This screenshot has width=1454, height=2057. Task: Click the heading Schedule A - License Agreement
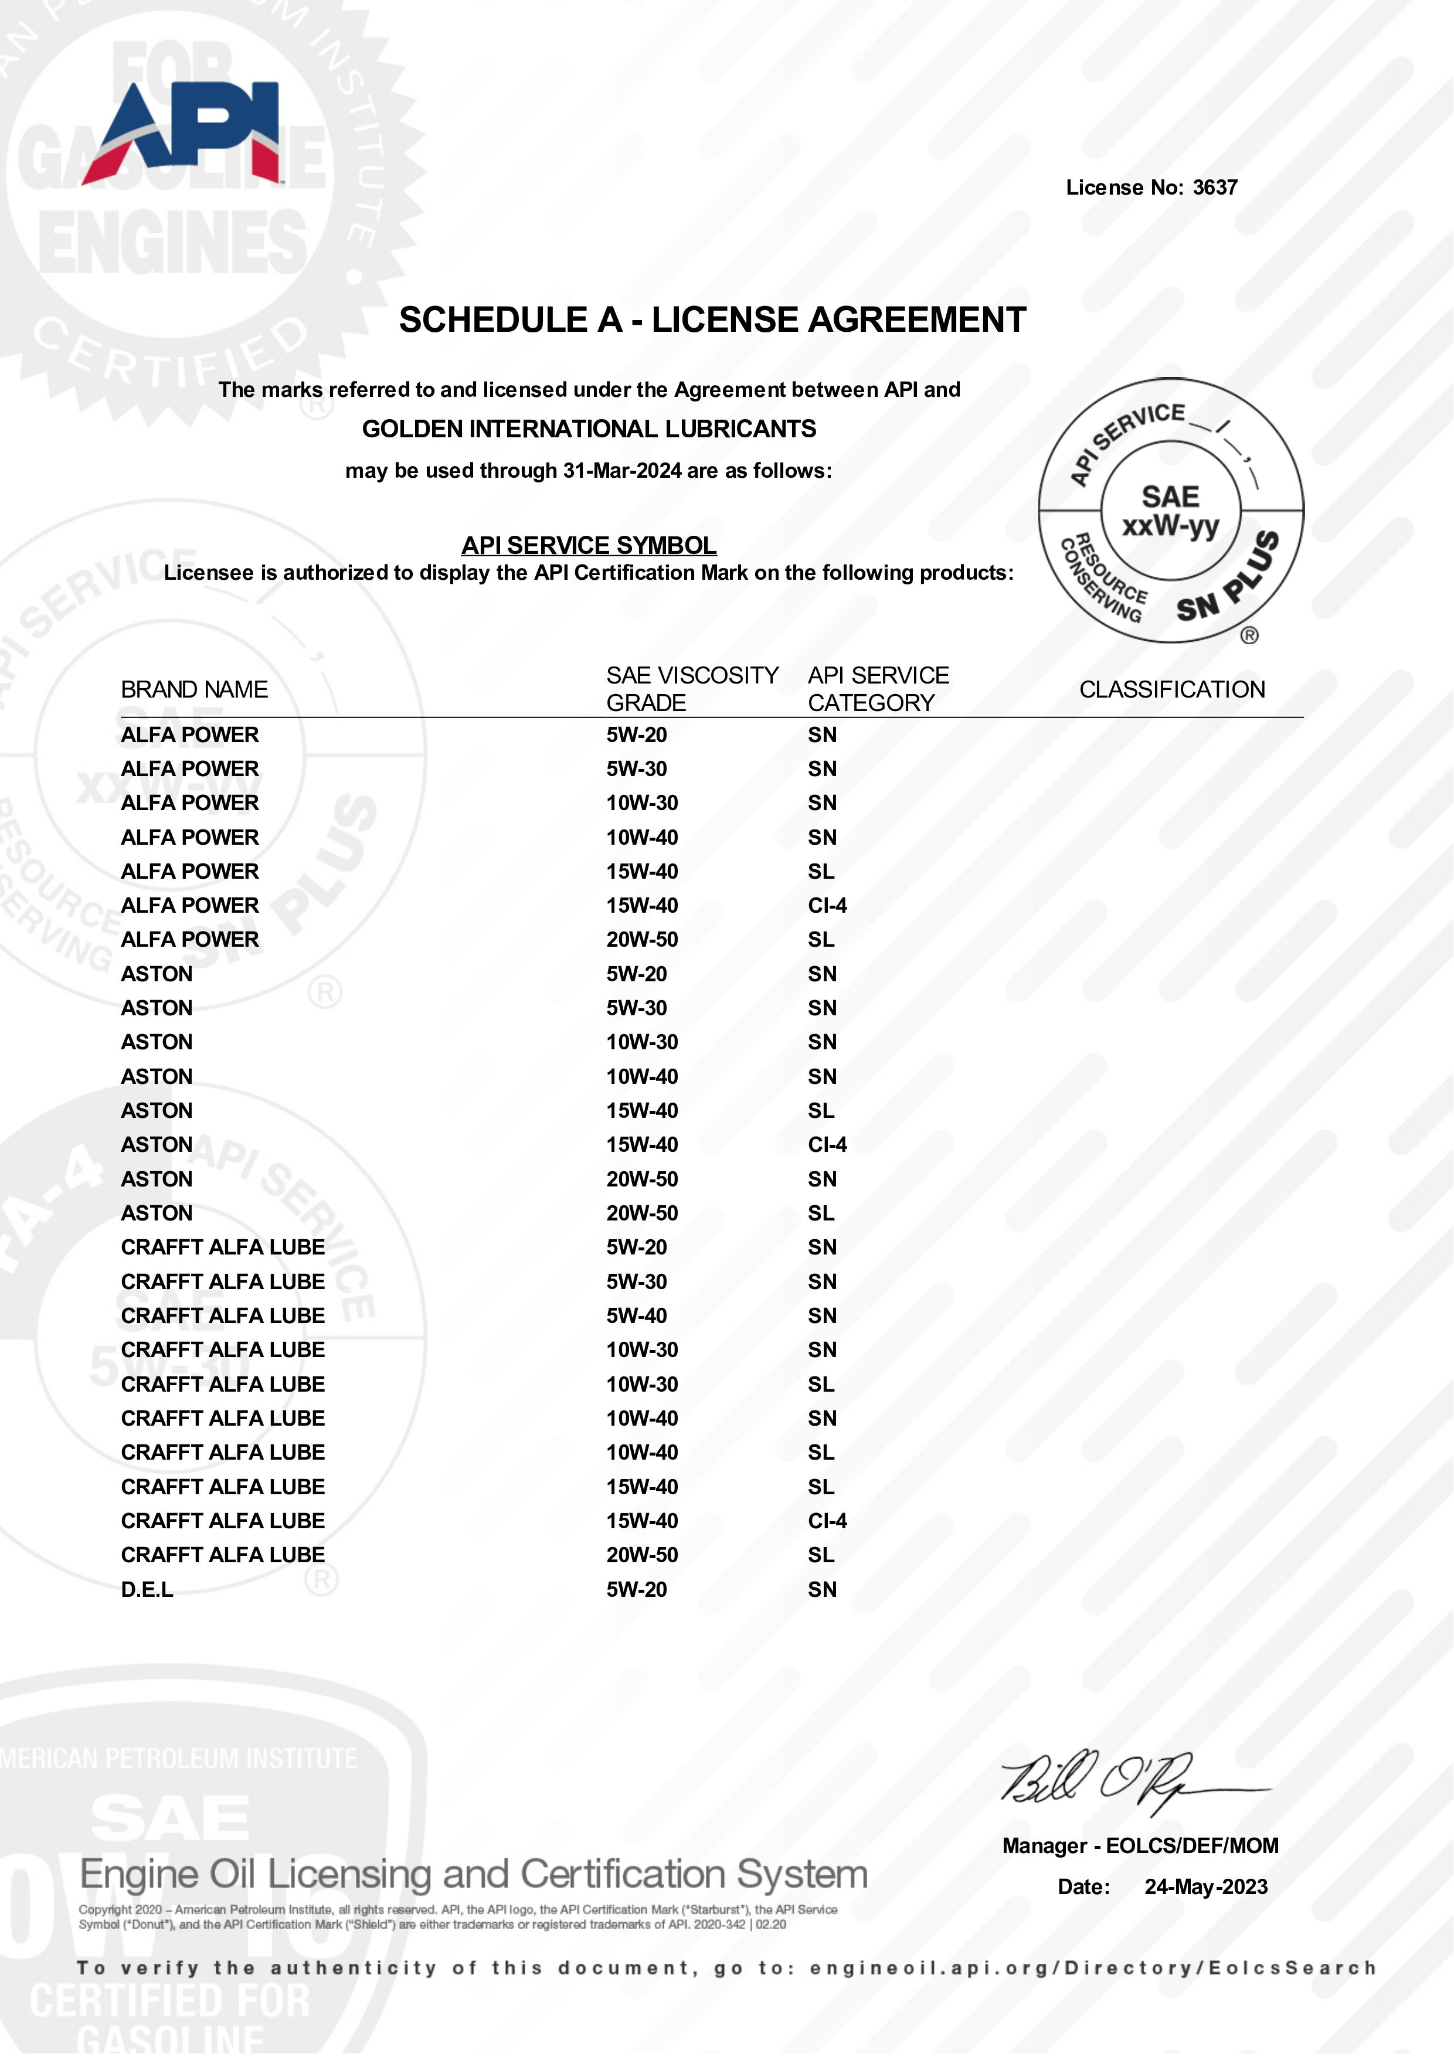coord(712,320)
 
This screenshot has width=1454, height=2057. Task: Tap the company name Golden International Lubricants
coord(589,429)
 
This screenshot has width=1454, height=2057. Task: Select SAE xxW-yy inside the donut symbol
coord(1170,511)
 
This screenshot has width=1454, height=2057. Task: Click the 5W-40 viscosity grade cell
coord(636,1315)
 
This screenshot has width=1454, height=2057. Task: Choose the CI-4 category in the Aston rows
coord(827,1144)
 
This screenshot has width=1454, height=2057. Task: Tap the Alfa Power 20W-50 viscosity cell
coord(641,939)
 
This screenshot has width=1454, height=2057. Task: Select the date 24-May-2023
coord(1206,1887)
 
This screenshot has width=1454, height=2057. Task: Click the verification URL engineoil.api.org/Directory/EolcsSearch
coord(1093,1968)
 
